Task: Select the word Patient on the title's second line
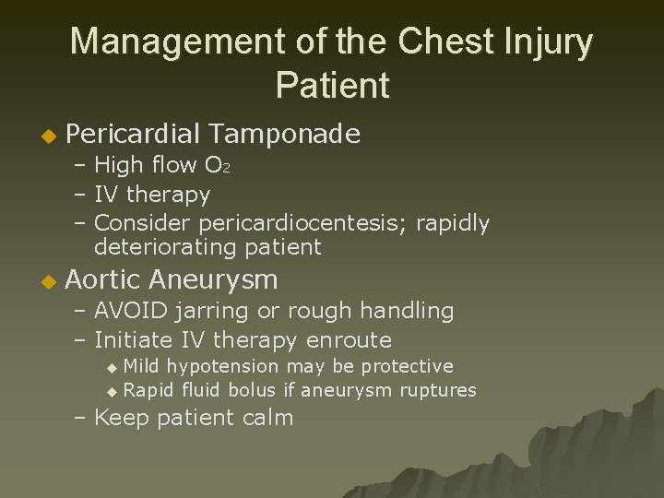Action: pos(332,86)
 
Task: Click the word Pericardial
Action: pos(133,136)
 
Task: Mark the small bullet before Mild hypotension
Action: pos(113,367)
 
